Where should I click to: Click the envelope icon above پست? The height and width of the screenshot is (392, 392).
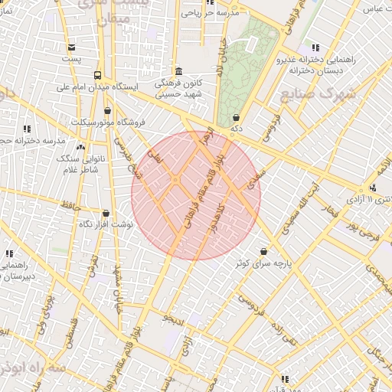[x=71, y=47]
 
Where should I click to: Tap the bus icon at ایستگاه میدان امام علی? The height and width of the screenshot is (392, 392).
[x=97, y=75]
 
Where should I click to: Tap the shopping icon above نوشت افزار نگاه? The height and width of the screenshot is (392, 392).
[x=106, y=214]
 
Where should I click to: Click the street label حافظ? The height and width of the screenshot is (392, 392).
[x=72, y=205]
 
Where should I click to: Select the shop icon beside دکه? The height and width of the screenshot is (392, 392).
[x=235, y=118]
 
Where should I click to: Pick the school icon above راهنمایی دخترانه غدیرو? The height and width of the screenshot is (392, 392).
[x=315, y=47]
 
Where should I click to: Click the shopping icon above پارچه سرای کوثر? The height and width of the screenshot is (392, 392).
[x=263, y=251]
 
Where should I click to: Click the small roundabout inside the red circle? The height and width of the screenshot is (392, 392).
[x=175, y=180]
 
